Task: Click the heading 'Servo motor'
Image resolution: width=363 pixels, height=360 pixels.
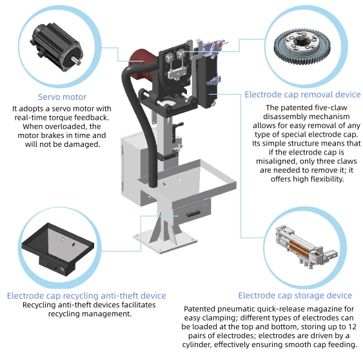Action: pyautogui.click(x=62, y=97)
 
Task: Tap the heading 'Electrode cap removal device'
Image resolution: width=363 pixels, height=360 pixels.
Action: pyautogui.click(x=302, y=95)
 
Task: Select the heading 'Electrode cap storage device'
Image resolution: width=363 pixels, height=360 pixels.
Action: pyautogui.click(x=295, y=296)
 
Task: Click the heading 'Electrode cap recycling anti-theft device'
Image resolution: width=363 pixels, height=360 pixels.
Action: pyautogui.click(x=86, y=296)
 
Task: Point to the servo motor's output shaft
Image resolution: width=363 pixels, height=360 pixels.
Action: pyautogui.click(x=75, y=61)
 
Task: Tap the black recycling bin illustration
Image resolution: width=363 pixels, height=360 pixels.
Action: pyautogui.click(x=58, y=249)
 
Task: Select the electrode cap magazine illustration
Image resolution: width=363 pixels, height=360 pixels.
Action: pyautogui.click(x=306, y=247)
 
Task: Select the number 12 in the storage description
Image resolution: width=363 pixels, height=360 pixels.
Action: pyautogui.click(x=352, y=327)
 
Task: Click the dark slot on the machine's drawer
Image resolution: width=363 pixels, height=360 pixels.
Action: pyautogui.click(x=193, y=214)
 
